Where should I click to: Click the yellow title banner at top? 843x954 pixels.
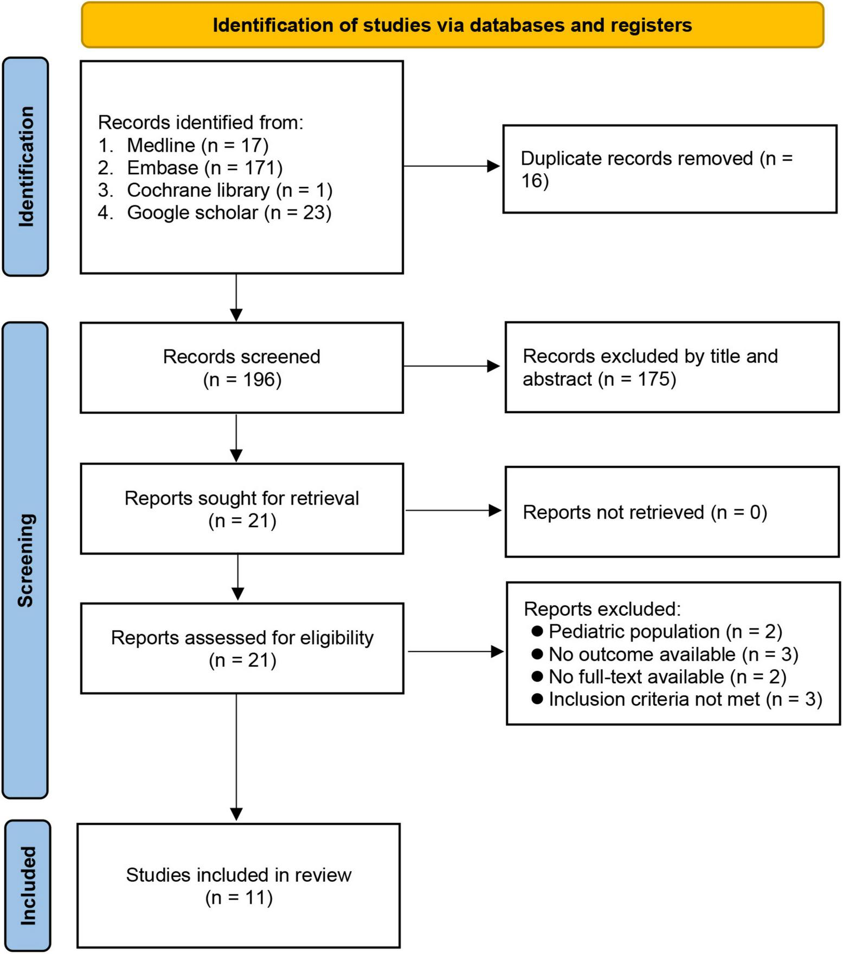coord(452,25)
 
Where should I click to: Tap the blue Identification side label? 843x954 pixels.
coord(25,167)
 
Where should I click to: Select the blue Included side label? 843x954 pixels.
coord(28,886)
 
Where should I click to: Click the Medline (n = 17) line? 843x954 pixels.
coord(197,145)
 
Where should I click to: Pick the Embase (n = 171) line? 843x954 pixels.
coord(204,168)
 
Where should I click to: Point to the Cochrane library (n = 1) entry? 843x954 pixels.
coord(229,190)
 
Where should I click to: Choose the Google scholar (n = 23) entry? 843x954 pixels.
coord(229,212)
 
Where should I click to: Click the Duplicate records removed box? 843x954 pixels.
coord(669,169)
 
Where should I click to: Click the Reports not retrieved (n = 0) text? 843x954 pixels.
coord(645,512)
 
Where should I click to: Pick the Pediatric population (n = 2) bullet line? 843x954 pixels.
coord(665,631)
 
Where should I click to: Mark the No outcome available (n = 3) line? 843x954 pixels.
coord(673,654)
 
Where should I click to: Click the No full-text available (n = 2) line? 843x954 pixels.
coord(667,677)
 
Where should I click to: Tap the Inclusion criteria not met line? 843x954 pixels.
coord(685,699)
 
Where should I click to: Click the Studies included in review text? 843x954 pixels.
coord(239,875)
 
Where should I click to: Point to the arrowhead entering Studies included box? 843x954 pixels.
coord(236,814)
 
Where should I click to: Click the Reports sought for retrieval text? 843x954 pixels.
coord(242,498)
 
